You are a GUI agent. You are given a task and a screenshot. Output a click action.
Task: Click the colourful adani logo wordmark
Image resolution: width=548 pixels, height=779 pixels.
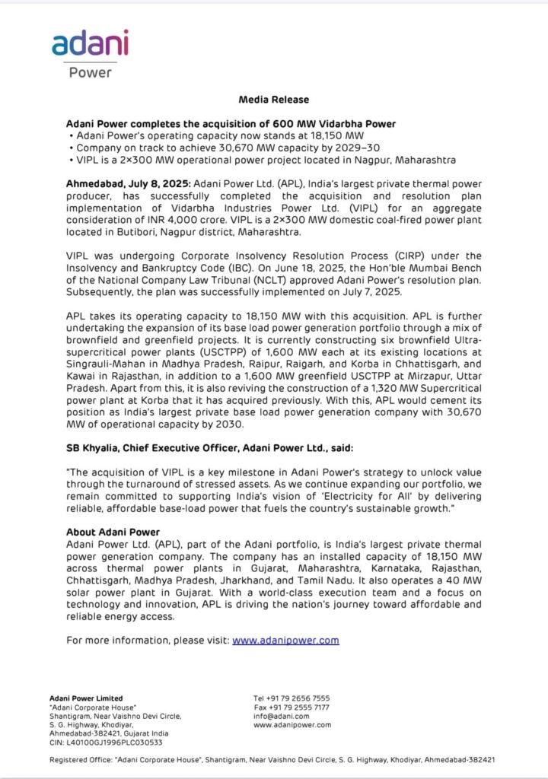click(x=90, y=44)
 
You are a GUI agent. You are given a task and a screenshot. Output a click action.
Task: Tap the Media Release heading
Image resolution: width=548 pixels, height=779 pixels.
click(x=274, y=100)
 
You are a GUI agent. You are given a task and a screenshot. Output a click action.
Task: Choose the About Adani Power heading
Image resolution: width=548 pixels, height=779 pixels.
click(x=112, y=531)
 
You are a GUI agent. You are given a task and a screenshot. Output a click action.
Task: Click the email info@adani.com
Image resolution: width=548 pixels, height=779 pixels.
click(x=281, y=716)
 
